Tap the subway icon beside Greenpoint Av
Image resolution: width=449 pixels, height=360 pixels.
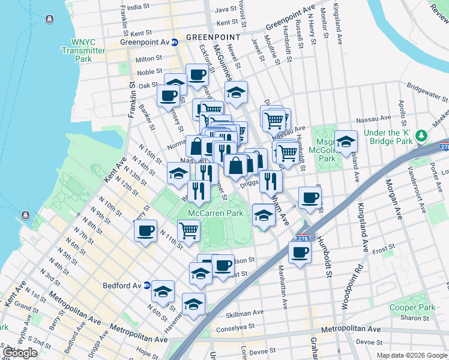click(175, 43)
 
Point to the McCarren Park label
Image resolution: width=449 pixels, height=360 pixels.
click(215, 213)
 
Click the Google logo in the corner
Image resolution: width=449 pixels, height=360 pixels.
click(19, 353)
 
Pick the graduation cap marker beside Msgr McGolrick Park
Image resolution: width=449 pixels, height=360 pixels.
click(346, 142)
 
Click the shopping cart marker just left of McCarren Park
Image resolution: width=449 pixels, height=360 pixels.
click(188, 229)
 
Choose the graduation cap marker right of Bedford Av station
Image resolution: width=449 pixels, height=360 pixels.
click(163, 291)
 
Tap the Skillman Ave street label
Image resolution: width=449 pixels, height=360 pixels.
click(244, 313)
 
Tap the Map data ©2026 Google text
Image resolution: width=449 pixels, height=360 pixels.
click(412, 355)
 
